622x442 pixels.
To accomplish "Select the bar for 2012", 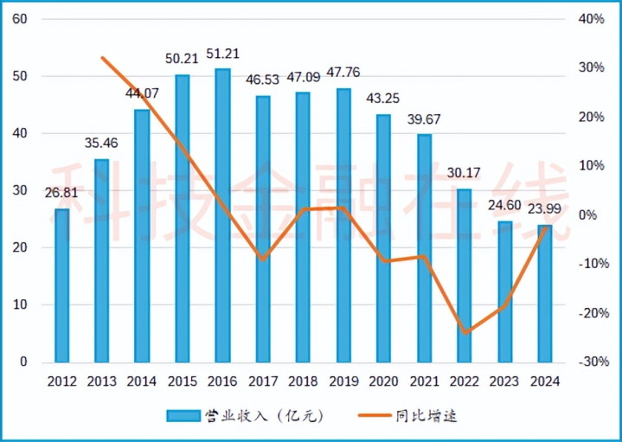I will [x=62, y=285].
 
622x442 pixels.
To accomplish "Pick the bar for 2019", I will [x=344, y=225].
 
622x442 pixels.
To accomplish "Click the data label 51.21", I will [x=223, y=57].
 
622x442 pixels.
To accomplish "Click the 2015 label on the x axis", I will [x=183, y=381].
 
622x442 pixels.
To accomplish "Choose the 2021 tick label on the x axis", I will [x=425, y=381].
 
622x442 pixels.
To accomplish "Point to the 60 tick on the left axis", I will [x=22, y=19].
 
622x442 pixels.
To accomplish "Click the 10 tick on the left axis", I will [x=22, y=304].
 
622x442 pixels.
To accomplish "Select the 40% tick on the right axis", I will [x=591, y=19].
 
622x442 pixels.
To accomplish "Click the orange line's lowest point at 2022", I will [x=465, y=332].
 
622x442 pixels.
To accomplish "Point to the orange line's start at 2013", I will [x=103, y=58].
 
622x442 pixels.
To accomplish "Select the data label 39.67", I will [x=425, y=120].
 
